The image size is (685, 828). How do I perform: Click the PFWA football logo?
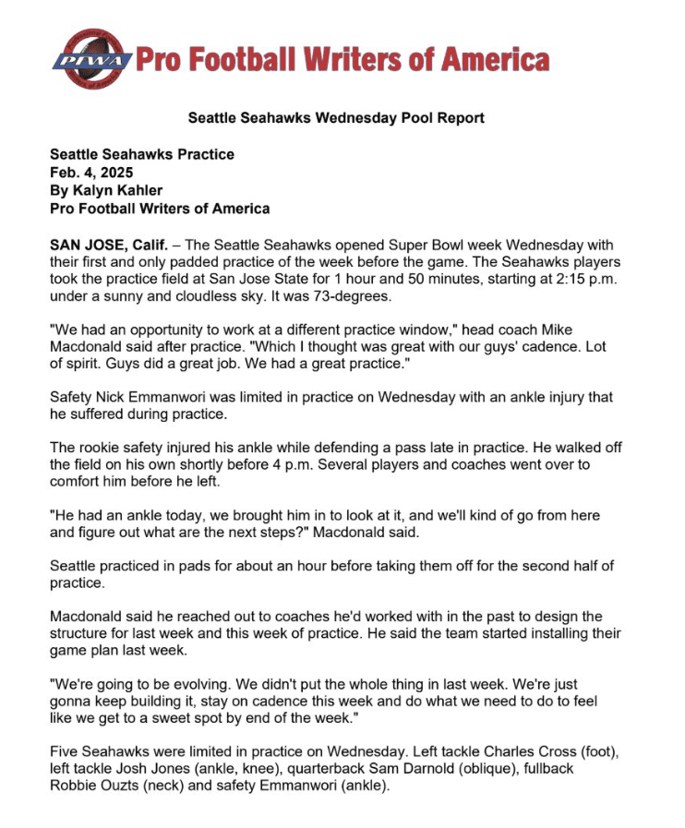pos(90,59)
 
